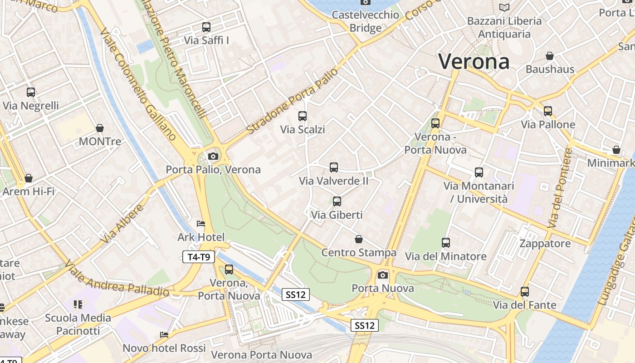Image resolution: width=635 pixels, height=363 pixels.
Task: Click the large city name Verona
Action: pyautogui.click(x=474, y=61)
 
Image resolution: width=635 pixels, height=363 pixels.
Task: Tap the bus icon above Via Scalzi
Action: pyautogui.click(x=303, y=116)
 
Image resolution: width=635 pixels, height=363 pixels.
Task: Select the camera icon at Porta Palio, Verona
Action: pyautogui.click(x=213, y=157)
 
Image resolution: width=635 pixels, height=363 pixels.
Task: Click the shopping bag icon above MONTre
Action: pyautogui.click(x=100, y=128)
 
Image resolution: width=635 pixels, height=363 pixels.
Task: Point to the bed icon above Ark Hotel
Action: pyautogui.click(x=201, y=224)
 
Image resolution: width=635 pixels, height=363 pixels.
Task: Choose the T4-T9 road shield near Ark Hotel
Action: pyautogui.click(x=199, y=257)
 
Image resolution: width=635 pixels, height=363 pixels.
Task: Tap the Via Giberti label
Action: pyautogui.click(x=337, y=215)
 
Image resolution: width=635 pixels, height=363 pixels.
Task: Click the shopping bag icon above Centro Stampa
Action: pyautogui.click(x=359, y=239)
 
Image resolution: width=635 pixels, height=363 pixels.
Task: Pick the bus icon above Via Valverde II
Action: pyautogui.click(x=334, y=167)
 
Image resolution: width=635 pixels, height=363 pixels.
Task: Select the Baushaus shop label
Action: pyautogui.click(x=550, y=69)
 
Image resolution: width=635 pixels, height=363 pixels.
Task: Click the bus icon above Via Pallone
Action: pyautogui.click(x=548, y=111)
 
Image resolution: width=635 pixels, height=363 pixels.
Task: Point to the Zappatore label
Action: pyautogui.click(x=545, y=244)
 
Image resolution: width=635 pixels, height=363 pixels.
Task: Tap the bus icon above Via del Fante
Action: pyautogui.click(x=525, y=292)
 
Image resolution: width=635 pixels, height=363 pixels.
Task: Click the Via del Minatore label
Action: pyautogui.click(x=445, y=256)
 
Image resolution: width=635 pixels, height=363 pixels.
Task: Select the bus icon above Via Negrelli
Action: pyautogui.click(x=31, y=93)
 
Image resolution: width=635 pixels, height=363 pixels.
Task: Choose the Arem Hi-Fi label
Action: pyautogui.click(x=28, y=191)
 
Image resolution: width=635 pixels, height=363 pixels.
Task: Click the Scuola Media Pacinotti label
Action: pyautogui.click(x=78, y=324)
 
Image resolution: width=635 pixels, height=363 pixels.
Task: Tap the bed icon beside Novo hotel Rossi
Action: pyautogui.click(x=164, y=335)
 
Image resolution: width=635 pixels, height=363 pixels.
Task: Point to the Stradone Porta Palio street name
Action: pyautogui.click(x=293, y=102)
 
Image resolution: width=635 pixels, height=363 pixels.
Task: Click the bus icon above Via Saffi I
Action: pyautogui.click(x=206, y=27)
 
